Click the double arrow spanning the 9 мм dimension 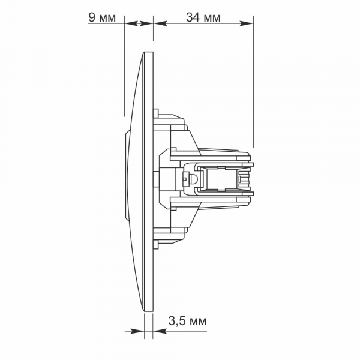pos(139,23)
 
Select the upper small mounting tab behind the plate pos(156,113)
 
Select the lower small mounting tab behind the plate pos(156,244)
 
